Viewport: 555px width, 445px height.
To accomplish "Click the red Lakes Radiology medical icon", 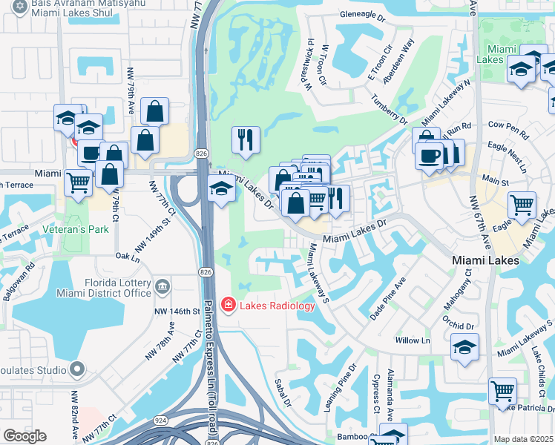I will [228, 306].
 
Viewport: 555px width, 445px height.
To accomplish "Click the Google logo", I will [24, 436].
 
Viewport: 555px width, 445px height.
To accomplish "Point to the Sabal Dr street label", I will [283, 392].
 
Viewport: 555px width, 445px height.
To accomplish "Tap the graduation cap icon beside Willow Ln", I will [464, 347].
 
